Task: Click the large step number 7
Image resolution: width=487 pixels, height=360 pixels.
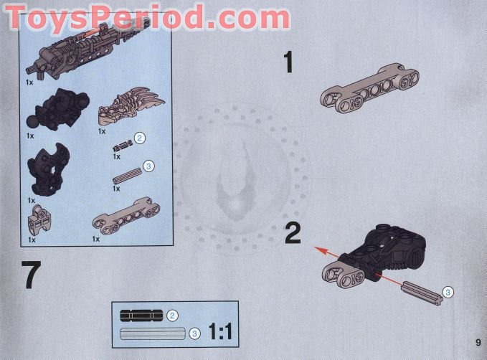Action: (31, 275)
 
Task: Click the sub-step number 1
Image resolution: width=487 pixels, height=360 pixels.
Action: (288, 62)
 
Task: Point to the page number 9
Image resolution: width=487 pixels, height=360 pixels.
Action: (478, 342)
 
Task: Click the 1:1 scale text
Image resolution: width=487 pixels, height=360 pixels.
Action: (220, 331)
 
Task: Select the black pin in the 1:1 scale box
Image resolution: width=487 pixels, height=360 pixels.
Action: (141, 316)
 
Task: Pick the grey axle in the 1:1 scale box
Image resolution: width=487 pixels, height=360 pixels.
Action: (153, 333)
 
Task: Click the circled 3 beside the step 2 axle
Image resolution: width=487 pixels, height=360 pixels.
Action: (448, 292)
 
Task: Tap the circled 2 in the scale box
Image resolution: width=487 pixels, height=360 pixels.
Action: (172, 316)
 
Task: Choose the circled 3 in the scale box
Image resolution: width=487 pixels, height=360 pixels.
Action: (194, 334)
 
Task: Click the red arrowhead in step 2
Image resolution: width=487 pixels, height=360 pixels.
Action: (321, 250)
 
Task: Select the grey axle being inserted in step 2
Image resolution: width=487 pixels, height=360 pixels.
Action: (422, 293)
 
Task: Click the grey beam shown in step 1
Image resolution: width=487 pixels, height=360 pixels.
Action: (369, 88)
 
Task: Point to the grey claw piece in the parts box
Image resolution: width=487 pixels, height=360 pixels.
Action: (131, 105)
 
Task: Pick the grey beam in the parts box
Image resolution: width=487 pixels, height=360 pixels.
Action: (126, 216)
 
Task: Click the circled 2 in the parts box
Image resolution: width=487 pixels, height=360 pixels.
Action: (139, 138)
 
